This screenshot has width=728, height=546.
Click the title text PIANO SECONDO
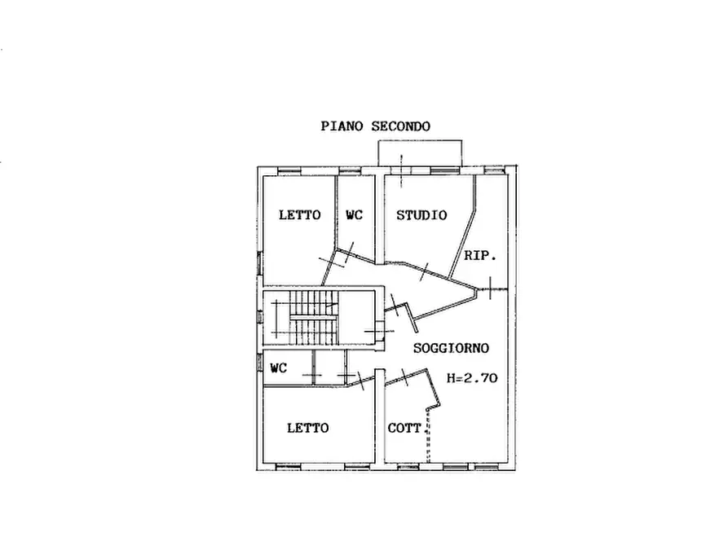click(x=375, y=126)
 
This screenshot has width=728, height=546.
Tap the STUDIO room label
click(x=421, y=215)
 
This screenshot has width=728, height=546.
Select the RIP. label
click(x=480, y=255)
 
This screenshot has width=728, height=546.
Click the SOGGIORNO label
click(x=451, y=348)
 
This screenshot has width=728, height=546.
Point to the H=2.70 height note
click(x=472, y=378)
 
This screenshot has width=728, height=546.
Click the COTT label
click(x=404, y=428)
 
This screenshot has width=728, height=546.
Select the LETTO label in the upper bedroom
click(x=299, y=215)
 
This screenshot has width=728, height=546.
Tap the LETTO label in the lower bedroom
click(x=308, y=428)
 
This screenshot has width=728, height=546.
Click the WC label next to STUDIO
click(x=355, y=215)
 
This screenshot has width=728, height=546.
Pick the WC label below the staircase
click(x=279, y=368)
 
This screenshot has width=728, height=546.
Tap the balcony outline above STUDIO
click(x=420, y=140)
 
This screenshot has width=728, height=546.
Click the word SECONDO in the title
click(x=400, y=126)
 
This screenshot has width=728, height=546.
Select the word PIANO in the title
click(x=342, y=126)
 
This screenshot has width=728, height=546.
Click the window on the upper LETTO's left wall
click(x=260, y=264)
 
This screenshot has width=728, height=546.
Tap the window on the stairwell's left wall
click(x=260, y=318)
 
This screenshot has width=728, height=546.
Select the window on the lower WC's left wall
click(x=260, y=363)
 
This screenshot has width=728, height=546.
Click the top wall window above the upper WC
click(x=350, y=171)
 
